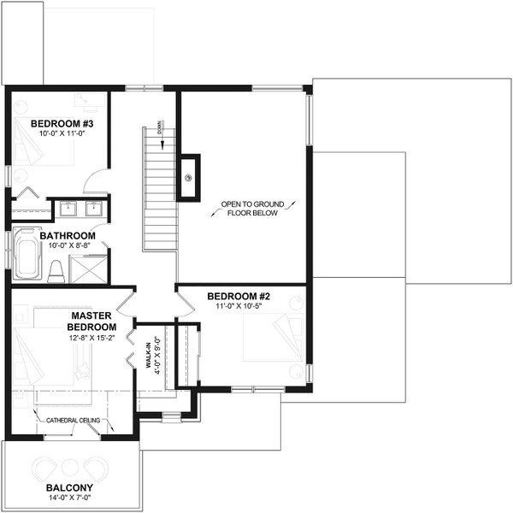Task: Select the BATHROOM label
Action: [x=65, y=235]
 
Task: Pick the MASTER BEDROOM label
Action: [x=92, y=321]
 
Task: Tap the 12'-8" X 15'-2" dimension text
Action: [x=92, y=338]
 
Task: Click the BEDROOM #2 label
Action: [x=239, y=297]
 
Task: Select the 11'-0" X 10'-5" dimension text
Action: [x=239, y=307]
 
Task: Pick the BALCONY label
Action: [x=70, y=489]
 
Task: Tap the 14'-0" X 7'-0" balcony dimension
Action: [x=70, y=500]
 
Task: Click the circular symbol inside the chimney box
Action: [x=189, y=178]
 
